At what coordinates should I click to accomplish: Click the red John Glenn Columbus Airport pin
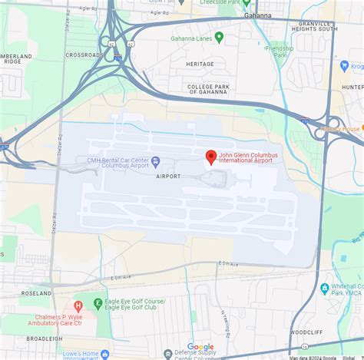(210, 157)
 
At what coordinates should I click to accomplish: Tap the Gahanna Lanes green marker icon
(219, 37)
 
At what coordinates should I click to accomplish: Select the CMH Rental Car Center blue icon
(156, 161)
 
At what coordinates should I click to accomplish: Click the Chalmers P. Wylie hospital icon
(77, 306)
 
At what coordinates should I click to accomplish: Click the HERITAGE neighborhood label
(200, 64)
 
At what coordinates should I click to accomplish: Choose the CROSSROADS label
(84, 54)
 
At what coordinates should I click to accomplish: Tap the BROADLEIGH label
(45, 338)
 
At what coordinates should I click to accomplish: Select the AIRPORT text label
(168, 176)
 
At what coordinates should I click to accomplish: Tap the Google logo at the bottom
(201, 347)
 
